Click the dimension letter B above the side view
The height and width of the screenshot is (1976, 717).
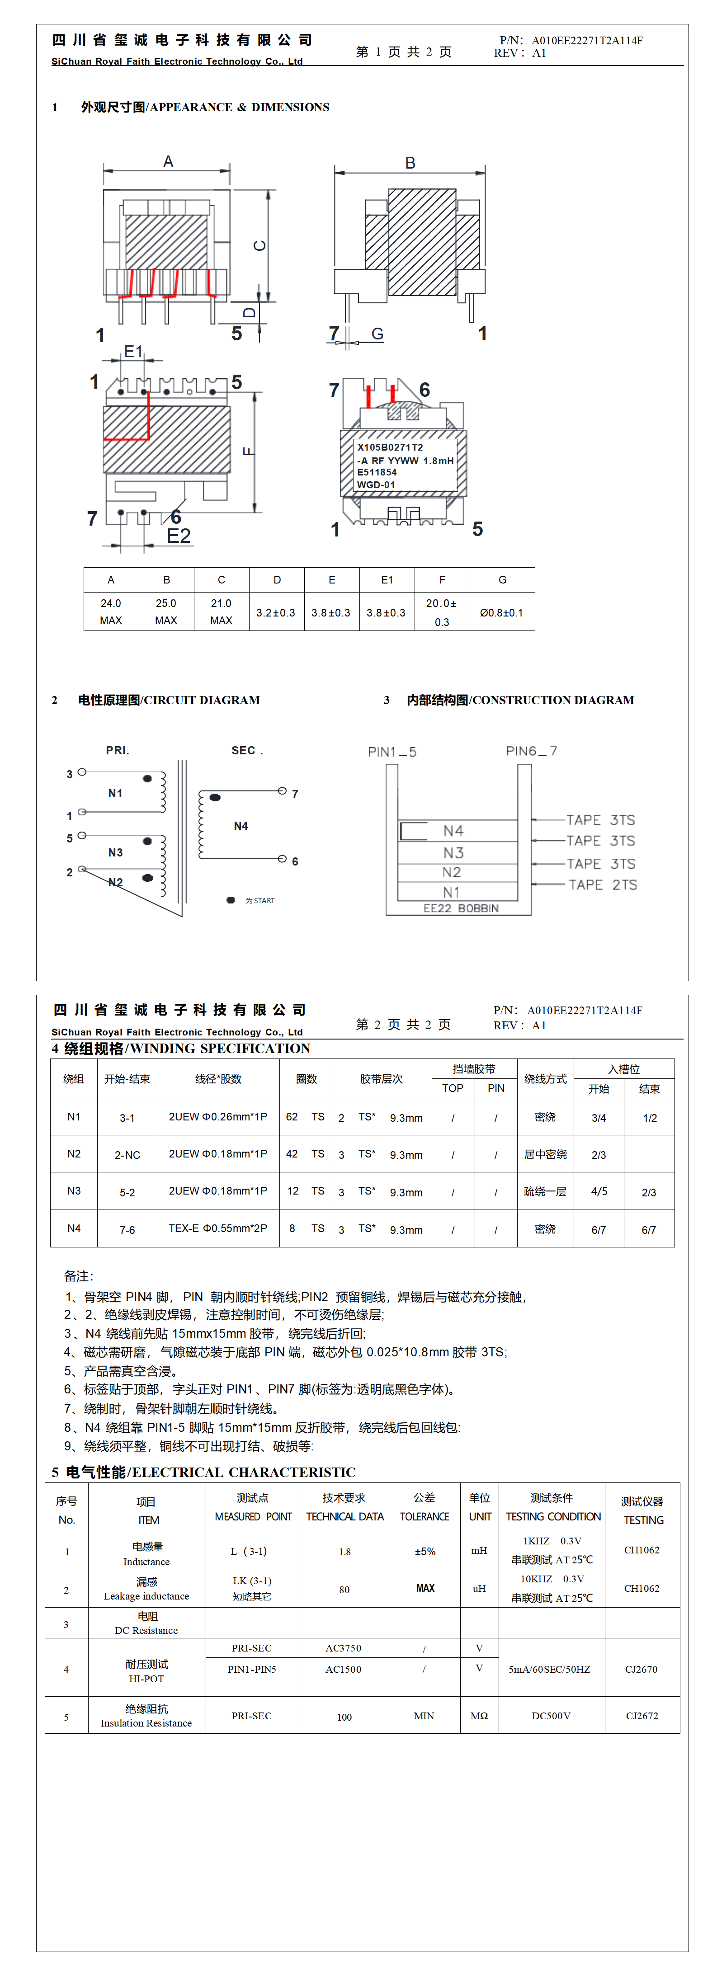click(x=410, y=163)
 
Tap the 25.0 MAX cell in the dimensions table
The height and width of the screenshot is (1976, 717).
click(x=166, y=612)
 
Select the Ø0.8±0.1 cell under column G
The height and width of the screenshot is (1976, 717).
click(x=501, y=612)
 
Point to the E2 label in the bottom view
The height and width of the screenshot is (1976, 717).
click(x=179, y=536)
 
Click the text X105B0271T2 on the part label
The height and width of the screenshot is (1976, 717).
click(x=390, y=447)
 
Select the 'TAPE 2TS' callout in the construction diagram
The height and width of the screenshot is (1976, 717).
click(x=603, y=884)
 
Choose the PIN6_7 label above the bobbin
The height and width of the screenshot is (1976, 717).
click(x=531, y=751)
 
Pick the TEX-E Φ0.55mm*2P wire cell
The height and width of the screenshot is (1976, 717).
click(x=218, y=1228)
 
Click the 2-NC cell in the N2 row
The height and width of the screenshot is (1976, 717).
click(x=127, y=1154)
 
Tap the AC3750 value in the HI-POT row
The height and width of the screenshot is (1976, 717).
click(x=343, y=1648)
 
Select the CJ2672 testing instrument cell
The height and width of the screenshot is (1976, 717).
click(x=642, y=1716)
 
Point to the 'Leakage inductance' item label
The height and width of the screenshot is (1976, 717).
click(x=146, y=1596)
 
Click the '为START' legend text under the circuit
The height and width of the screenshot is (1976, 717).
click(x=259, y=901)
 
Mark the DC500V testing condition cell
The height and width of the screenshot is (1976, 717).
click(x=551, y=1716)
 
